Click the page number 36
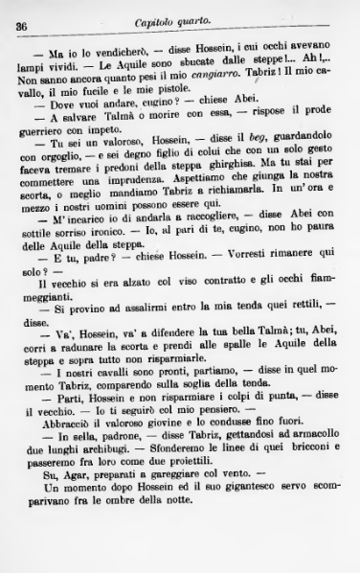point(20,27)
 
